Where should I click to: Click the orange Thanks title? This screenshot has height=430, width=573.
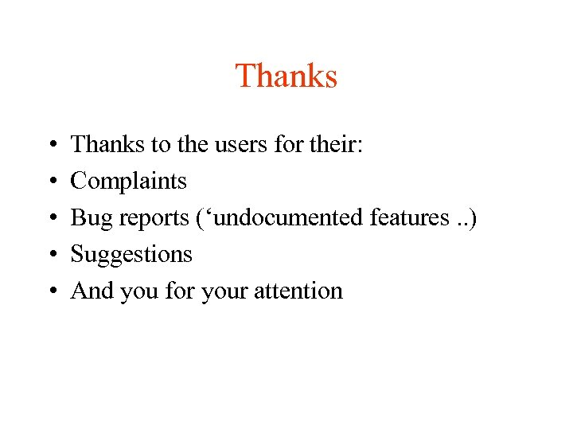coord(286,76)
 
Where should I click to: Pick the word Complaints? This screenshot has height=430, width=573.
coord(128,182)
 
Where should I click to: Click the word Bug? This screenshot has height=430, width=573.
coord(90,218)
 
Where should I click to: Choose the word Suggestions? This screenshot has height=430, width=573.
coord(131,255)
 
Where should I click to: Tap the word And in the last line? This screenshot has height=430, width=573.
coord(92,291)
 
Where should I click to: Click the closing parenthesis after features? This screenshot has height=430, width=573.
coord(474,218)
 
